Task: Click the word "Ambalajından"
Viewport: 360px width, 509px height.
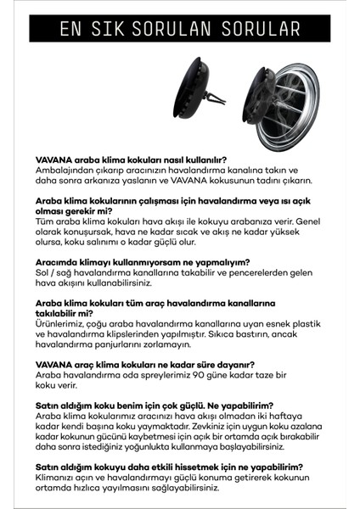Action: point(64,168)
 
